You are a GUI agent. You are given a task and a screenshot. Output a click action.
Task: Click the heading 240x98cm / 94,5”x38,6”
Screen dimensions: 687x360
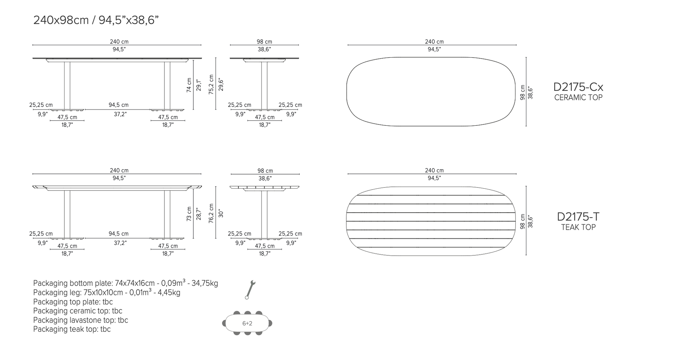pyautogui.click(x=96, y=20)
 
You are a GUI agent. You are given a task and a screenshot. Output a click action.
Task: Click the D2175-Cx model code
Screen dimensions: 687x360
pyautogui.click(x=578, y=87)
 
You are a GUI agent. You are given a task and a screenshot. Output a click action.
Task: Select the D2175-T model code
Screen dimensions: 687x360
pyautogui.click(x=578, y=217)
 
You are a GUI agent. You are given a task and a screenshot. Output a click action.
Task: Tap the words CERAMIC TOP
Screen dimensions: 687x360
pyautogui.click(x=578, y=98)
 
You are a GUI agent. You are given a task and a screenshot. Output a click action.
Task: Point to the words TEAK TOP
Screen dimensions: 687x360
pyautogui.click(x=578, y=227)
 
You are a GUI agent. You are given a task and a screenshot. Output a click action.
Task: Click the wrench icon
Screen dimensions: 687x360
pyautogui.click(x=250, y=290)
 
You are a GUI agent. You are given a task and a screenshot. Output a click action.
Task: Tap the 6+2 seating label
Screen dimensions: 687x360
pyautogui.click(x=247, y=323)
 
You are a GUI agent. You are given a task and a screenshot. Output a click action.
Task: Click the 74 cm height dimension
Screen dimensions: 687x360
pyautogui.click(x=189, y=85)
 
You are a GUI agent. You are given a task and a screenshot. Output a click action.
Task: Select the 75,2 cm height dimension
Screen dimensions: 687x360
pyautogui.click(x=211, y=84)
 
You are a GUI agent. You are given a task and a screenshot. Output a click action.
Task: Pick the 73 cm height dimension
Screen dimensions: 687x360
pyautogui.click(x=189, y=214)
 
